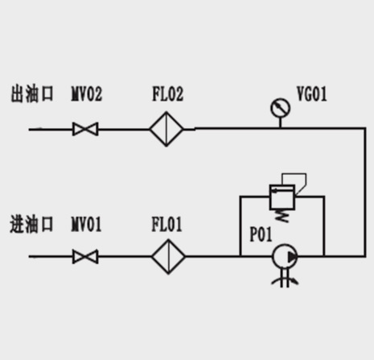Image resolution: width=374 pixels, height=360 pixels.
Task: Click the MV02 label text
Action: click(x=87, y=93)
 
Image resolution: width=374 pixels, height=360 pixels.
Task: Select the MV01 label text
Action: click(x=86, y=224)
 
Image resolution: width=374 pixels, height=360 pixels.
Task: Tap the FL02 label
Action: click(x=168, y=93)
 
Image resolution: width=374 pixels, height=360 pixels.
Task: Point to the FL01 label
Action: click(x=166, y=224)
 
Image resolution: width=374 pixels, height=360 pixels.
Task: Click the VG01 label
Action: click(x=312, y=93)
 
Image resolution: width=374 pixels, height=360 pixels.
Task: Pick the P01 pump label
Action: click(x=261, y=234)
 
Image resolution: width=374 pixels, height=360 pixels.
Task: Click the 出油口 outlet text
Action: click(x=32, y=93)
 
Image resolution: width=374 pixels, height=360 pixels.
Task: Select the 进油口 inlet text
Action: click(x=31, y=224)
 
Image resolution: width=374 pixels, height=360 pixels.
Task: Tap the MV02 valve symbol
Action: click(x=85, y=129)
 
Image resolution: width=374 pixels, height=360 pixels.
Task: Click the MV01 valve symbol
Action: click(x=85, y=257)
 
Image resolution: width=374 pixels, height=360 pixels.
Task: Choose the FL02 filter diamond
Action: click(x=166, y=129)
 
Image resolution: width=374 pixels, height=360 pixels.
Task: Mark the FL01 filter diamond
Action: click(x=168, y=257)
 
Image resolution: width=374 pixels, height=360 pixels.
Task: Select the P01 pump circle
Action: click(x=273, y=256)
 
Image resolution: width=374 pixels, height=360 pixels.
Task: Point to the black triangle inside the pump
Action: click(x=292, y=257)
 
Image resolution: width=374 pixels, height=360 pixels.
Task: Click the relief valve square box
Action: click(x=282, y=185)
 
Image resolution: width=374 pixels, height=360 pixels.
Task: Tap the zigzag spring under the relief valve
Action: click(x=282, y=216)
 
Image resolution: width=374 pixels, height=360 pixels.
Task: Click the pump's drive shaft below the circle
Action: click(x=285, y=279)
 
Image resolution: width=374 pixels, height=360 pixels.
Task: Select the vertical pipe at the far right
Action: click(x=365, y=192)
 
